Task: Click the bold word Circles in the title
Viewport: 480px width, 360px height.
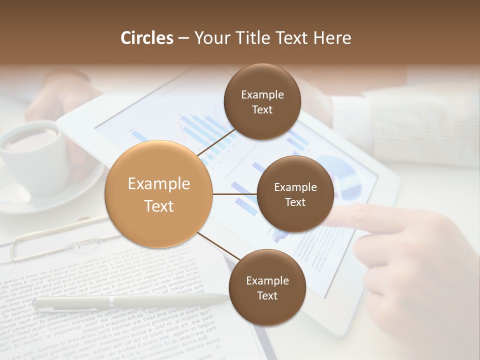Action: tap(147, 38)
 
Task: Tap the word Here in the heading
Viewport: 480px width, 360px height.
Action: tap(332, 38)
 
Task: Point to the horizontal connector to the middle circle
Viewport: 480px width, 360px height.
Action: tap(235, 194)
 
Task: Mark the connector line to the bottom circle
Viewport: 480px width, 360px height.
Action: tap(218, 246)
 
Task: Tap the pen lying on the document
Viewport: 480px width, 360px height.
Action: tap(130, 300)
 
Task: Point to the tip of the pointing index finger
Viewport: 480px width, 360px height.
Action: tap(340, 215)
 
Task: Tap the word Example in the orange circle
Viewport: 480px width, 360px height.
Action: tap(159, 184)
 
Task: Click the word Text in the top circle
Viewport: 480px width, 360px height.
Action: tap(262, 110)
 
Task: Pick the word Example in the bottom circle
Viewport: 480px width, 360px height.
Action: tap(267, 281)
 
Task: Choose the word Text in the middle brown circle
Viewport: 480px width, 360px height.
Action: tap(295, 202)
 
